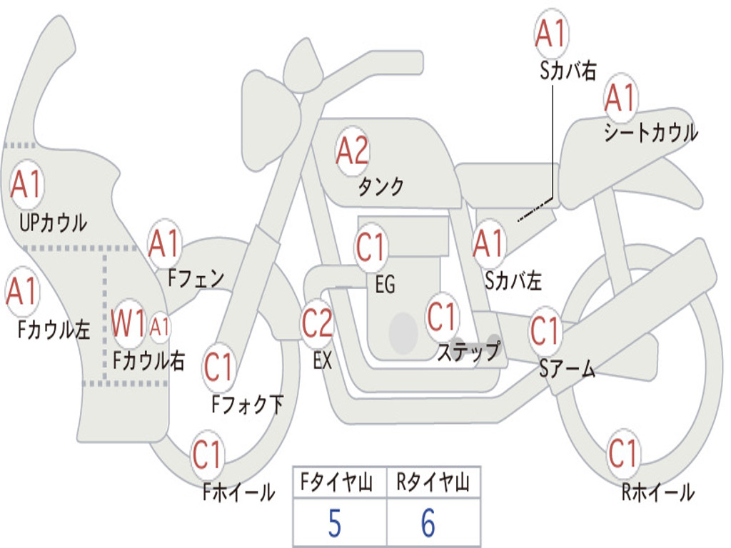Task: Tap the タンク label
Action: (380, 187)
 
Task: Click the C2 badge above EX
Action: (317, 323)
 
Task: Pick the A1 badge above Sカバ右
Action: (551, 34)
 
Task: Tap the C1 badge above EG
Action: (371, 247)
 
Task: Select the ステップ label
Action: (468, 352)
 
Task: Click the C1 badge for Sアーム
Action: (546, 331)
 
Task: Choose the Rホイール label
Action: (657, 492)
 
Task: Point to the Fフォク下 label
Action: (247, 405)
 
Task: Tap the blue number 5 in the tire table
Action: (334, 524)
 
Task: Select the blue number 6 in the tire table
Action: (428, 524)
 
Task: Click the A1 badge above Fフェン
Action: (165, 245)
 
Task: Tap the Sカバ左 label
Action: (513, 281)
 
